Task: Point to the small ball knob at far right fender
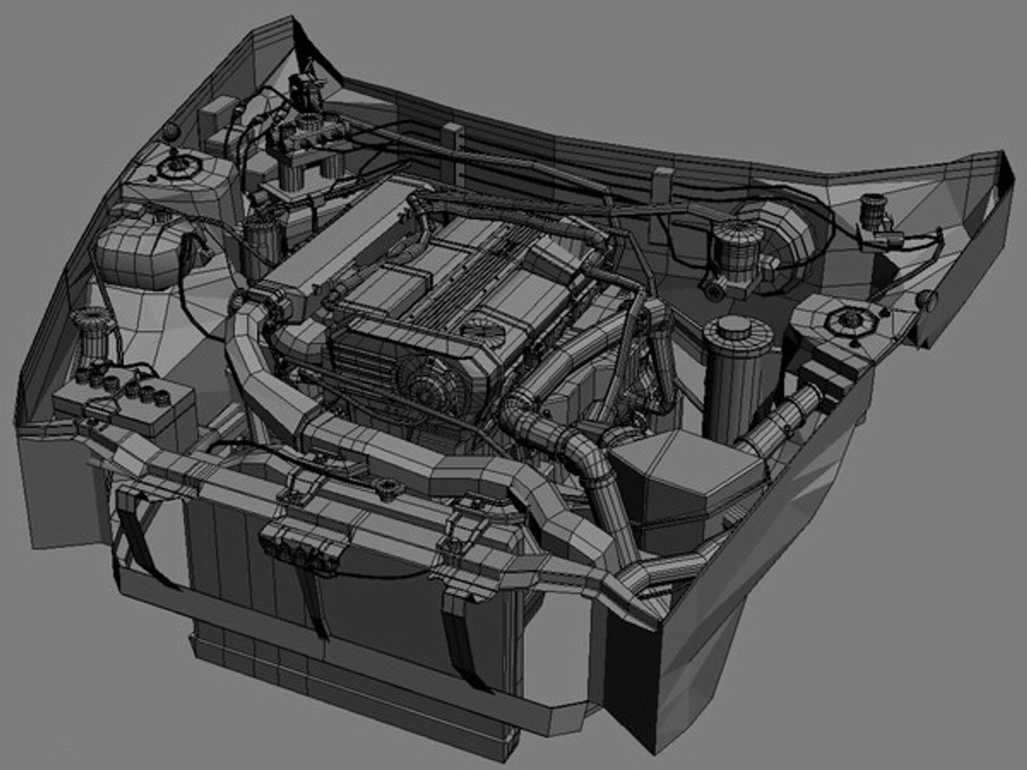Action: (x=926, y=299)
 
